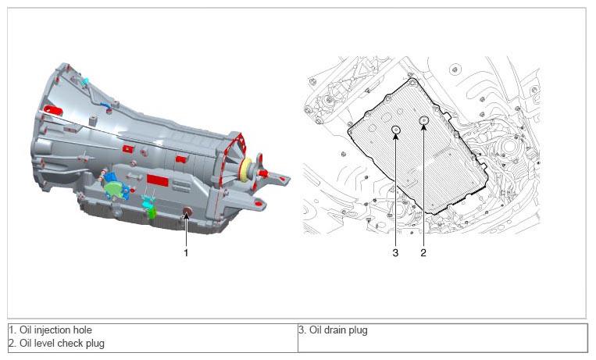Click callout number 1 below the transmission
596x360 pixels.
click(186, 252)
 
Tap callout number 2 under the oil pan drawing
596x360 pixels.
click(423, 252)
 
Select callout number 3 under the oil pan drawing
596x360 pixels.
click(395, 252)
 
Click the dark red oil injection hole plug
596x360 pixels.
click(187, 212)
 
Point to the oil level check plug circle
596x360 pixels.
click(423, 120)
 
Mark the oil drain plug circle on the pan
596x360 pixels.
click(396, 130)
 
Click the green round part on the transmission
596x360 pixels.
click(116, 188)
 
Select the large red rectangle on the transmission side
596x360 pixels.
click(157, 180)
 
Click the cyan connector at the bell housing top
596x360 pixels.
click(85, 81)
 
